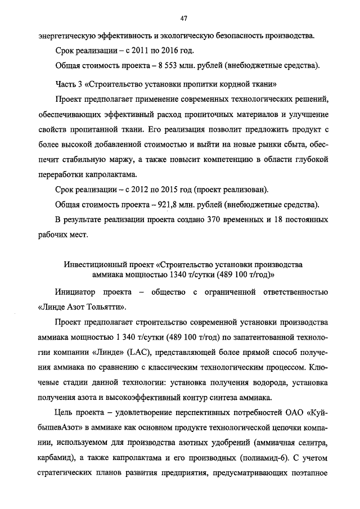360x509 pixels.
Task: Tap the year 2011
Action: (x=129, y=51)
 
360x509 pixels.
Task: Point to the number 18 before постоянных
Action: (x=271, y=217)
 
